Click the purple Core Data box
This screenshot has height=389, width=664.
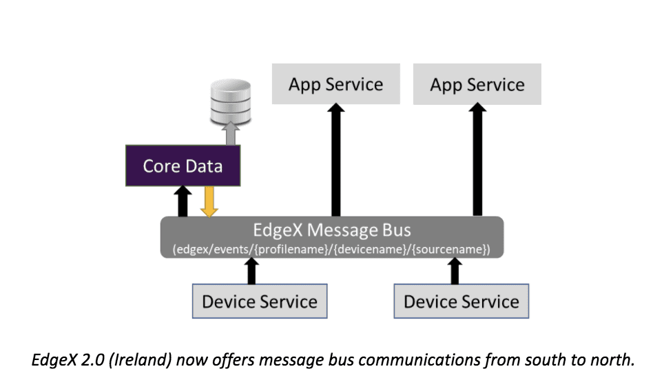pyautogui.click(x=183, y=166)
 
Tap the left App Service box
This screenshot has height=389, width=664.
pyautogui.click(x=335, y=84)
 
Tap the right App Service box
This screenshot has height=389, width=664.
pyautogui.click(x=477, y=84)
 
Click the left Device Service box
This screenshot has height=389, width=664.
pyautogui.click(x=260, y=302)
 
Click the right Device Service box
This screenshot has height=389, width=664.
pyautogui.click(x=461, y=302)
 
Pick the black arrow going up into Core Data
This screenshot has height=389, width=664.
pyautogui.click(x=183, y=202)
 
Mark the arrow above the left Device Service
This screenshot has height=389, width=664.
pyautogui.click(x=252, y=271)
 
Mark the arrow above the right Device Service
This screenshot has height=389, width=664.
pyautogui.click(x=454, y=271)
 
